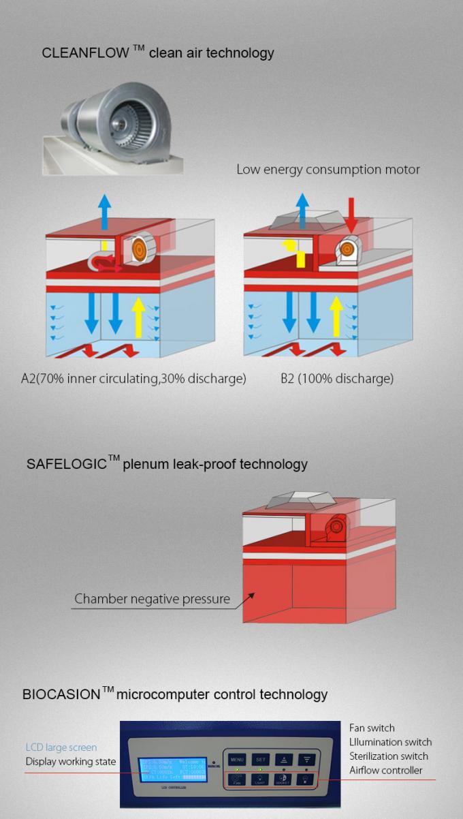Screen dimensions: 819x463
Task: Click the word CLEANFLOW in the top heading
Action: click(85, 53)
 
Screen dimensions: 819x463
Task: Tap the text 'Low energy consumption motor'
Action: click(328, 169)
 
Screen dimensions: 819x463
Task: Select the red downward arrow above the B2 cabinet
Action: click(351, 213)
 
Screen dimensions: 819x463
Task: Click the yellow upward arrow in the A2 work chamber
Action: click(139, 313)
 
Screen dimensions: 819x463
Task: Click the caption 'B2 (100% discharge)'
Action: click(336, 378)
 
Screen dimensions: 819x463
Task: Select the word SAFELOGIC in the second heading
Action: click(67, 465)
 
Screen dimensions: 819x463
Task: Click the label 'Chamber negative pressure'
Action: click(152, 600)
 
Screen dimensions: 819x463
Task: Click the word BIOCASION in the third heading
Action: click(61, 695)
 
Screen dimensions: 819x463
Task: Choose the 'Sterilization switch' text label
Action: click(388, 756)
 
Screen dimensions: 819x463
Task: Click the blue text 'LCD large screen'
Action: click(61, 747)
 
